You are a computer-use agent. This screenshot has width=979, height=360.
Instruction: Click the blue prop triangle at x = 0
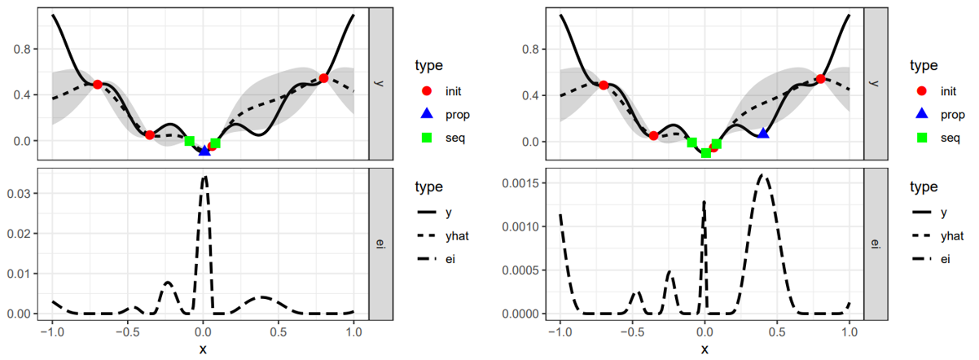point(204,151)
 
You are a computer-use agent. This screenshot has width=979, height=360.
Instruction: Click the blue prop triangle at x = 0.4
point(763,133)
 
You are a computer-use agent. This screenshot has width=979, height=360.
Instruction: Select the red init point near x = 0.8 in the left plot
point(323,78)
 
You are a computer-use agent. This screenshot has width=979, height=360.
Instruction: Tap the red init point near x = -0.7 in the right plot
point(604,85)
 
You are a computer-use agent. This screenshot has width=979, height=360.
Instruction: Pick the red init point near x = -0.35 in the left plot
point(150,134)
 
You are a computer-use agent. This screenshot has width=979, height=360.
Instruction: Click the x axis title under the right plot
point(705,349)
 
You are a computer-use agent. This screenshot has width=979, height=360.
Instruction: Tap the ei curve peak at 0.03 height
point(204,177)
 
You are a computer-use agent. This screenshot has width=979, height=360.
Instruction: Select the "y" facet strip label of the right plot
point(876,83)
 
